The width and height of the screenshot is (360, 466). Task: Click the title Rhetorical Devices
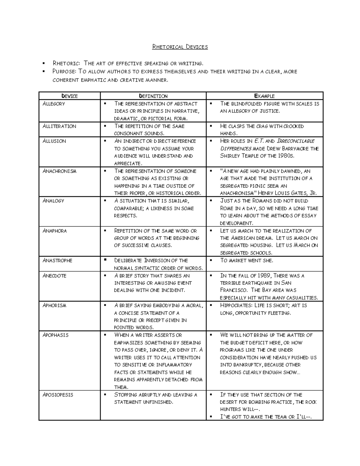pyautogui.click(x=180, y=47)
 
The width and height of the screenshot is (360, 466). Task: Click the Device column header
pyautogui.click(x=69, y=96)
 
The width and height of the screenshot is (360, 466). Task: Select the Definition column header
pyautogui.click(x=153, y=96)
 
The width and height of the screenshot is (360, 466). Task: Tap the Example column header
pyautogui.click(x=264, y=96)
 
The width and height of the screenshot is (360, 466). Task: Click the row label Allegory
pyautogui.click(x=54, y=104)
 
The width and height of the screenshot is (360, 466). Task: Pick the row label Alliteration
pyautogui.click(x=59, y=126)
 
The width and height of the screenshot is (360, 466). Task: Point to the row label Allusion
pyautogui.click(x=54, y=141)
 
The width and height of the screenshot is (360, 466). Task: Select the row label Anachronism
pyautogui.click(x=59, y=171)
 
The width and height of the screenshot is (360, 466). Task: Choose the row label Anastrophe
pyautogui.click(x=57, y=260)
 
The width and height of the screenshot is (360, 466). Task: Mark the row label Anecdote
pyautogui.click(x=54, y=275)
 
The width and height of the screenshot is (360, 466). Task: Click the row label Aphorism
pyautogui.click(x=54, y=305)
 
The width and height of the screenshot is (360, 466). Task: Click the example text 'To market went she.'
pyautogui.click(x=247, y=260)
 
